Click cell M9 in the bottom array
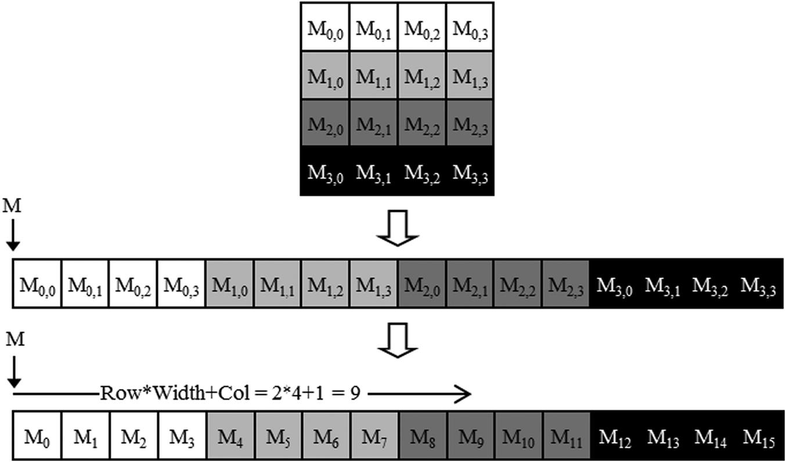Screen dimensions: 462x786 (470, 436)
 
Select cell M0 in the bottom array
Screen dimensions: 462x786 (37, 436)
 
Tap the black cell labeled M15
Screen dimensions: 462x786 (759, 436)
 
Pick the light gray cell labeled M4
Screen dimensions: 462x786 (229, 436)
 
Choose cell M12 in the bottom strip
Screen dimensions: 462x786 (614, 436)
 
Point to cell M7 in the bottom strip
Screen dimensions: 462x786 (373, 436)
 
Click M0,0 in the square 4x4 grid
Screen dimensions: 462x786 (325, 27)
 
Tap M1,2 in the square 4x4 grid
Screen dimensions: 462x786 (421, 75)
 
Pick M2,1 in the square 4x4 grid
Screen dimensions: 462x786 (373, 124)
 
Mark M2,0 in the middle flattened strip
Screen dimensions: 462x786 (421, 284)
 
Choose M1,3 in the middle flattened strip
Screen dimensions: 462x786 (373, 284)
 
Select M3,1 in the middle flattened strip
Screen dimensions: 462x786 (662, 284)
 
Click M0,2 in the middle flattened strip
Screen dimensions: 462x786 (133, 284)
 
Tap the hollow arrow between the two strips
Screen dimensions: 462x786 (398, 340)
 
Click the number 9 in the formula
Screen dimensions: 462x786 (356, 394)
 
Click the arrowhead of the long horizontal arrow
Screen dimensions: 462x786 (464, 394)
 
